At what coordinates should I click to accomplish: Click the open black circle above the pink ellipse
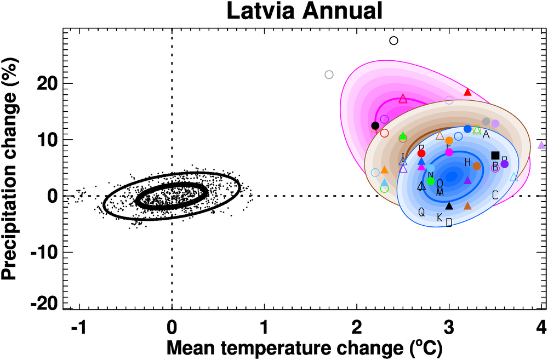pyautogui.click(x=393, y=41)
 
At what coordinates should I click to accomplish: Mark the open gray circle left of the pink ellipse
pyautogui.click(x=329, y=75)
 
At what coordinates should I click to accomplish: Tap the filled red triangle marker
pyautogui.click(x=467, y=92)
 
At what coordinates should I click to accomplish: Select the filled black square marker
pyautogui.click(x=495, y=155)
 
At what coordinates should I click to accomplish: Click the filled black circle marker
pyautogui.click(x=375, y=125)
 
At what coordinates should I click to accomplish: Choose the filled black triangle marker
pyautogui.click(x=449, y=205)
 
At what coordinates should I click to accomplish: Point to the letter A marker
pyautogui.click(x=486, y=134)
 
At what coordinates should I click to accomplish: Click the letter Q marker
pyautogui.click(x=421, y=212)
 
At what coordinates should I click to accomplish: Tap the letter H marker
pyautogui.click(x=467, y=162)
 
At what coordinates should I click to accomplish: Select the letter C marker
pyautogui.click(x=495, y=195)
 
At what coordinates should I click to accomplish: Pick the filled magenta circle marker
pyautogui.click(x=449, y=152)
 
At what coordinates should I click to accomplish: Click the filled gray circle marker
pyautogui.click(x=486, y=122)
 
